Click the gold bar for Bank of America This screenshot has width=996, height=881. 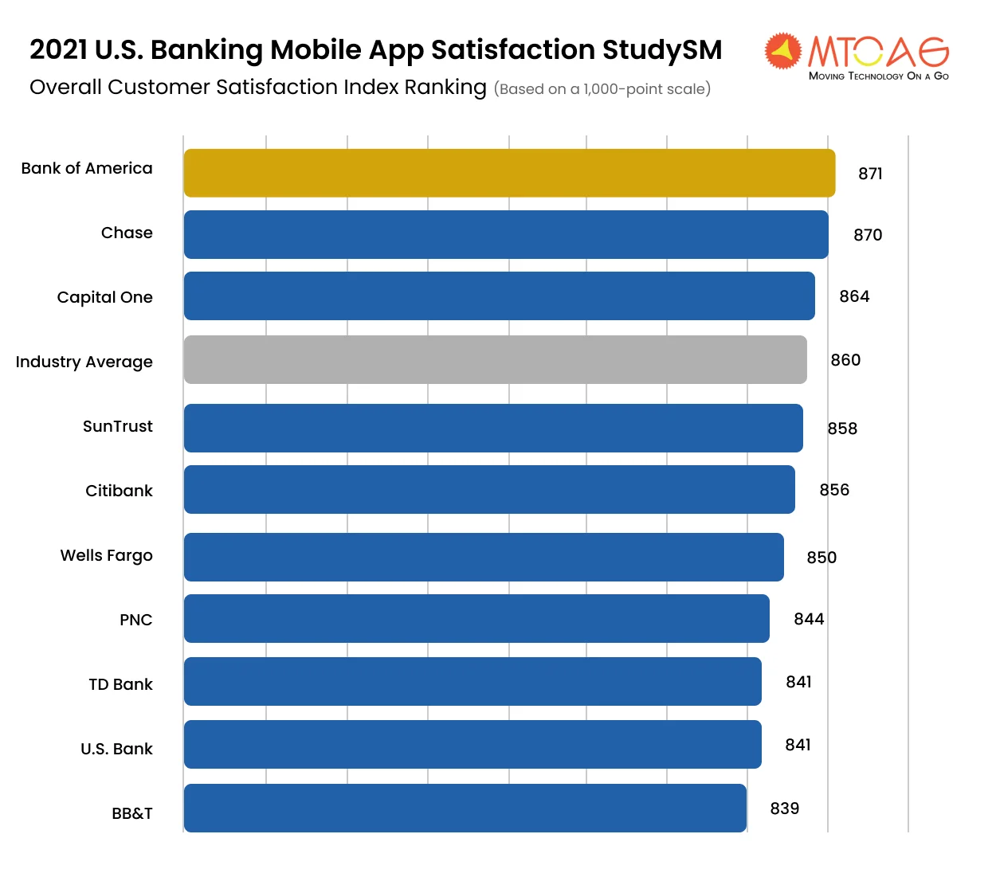[509, 173]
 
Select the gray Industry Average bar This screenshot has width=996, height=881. [495, 359]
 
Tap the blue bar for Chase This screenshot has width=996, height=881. [506, 234]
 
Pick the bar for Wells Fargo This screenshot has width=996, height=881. [484, 557]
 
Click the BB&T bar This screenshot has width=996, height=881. [465, 808]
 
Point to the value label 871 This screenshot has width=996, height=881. [870, 174]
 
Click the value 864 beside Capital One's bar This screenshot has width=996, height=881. [854, 296]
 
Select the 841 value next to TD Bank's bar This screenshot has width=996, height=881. [798, 682]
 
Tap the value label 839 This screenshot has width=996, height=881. [784, 809]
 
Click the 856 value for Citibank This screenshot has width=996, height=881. [834, 490]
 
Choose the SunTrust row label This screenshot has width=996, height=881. [118, 426]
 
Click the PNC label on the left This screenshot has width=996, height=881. [136, 620]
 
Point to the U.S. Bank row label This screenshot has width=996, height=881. [116, 749]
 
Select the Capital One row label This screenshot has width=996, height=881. [105, 297]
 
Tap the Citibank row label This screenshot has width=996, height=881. [120, 491]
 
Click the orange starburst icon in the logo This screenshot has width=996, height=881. [782, 51]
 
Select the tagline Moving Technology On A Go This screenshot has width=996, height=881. [878, 76]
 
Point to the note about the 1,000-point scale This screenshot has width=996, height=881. [602, 89]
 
